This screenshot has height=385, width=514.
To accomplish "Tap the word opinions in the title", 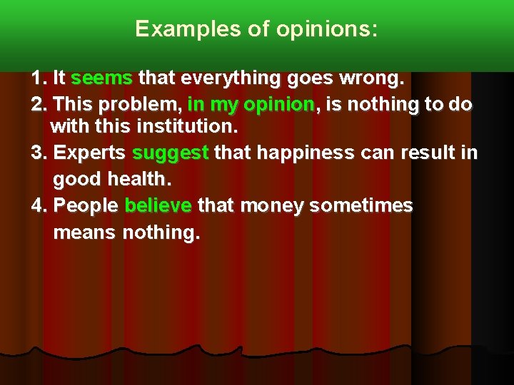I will tap(327, 30).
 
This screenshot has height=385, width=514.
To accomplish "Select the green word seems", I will tap(102, 77).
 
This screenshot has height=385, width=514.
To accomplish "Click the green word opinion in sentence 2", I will tap(278, 105).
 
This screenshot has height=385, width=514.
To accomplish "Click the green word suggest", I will tap(171, 153).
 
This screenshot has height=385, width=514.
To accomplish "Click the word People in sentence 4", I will tap(86, 206).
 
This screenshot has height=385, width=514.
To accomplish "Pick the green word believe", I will tap(158, 206).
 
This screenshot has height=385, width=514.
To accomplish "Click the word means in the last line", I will tap(85, 232).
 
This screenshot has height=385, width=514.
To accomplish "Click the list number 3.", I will tap(38, 153).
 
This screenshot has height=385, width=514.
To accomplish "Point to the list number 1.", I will tap(38, 77).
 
